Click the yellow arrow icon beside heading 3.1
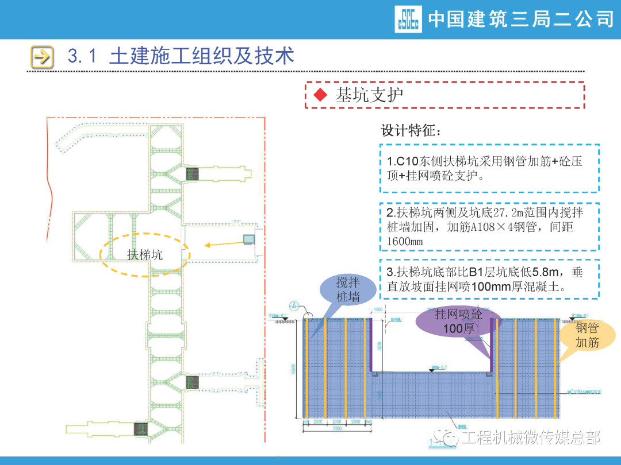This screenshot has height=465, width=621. pyautogui.click(x=41, y=56)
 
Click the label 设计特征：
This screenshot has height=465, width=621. pyautogui.click(x=412, y=130)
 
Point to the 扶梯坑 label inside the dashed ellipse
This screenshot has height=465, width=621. pyautogui.click(x=145, y=254)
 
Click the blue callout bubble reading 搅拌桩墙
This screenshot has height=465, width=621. pyautogui.click(x=348, y=289)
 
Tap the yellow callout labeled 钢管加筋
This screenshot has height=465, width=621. pyautogui.click(x=588, y=335)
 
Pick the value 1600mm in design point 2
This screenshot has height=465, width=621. pyautogui.click(x=405, y=242)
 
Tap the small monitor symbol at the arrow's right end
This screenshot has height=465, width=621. pyautogui.click(x=249, y=238)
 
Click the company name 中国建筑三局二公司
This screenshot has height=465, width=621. pyautogui.click(x=521, y=19)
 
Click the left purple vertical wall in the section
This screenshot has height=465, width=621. pyautogui.click(x=371, y=344)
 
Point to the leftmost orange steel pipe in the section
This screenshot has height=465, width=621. pyautogui.click(x=306, y=367)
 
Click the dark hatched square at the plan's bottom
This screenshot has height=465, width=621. pyautogui.click(x=141, y=428)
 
